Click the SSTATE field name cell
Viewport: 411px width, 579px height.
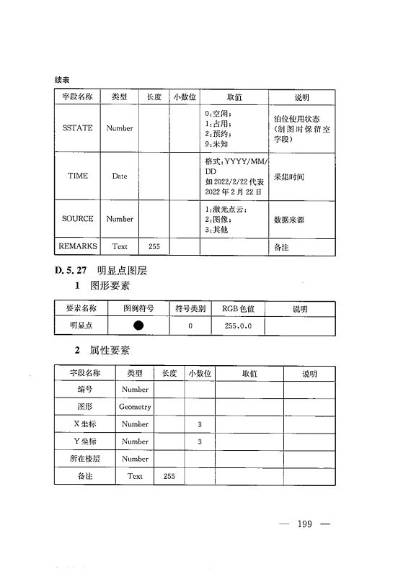pos(78,128)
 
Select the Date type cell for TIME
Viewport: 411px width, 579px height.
pos(120,176)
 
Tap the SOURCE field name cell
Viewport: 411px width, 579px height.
pos(78,219)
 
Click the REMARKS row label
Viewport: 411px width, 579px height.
pos(78,246)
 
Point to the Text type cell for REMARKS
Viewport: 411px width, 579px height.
pos(120,246)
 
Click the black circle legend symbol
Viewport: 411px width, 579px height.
pos(138,326)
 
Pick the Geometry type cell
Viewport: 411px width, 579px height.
pos(135,407)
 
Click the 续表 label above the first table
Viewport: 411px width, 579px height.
pos(62,79)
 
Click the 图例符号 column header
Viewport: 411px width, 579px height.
pos(138,309)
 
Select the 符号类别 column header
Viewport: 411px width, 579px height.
pos(190,309)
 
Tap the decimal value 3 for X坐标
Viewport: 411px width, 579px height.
pos(199,424)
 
